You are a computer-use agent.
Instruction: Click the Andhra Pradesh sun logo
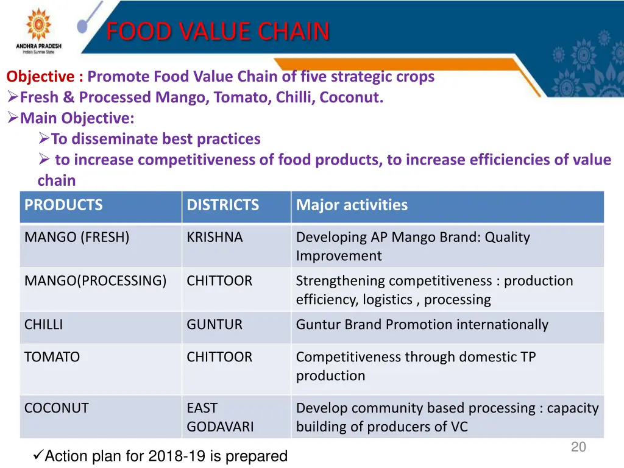click(38, 24)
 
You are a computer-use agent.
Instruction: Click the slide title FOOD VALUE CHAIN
click(218, 31)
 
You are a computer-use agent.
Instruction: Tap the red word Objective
click(40, 77)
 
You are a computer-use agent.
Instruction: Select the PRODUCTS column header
click(63, 205)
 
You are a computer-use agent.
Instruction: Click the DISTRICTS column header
click(222, 205)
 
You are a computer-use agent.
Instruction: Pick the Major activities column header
click(352, 205)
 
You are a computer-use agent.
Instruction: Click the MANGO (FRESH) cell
click(77, 238)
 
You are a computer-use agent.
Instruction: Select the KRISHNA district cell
click(214, 238)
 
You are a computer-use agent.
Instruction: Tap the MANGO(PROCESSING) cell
click(95, 282)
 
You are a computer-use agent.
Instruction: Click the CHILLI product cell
click(43, 325)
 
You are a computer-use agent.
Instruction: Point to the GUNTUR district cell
click(214, 325)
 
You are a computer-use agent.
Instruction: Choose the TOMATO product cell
click(52, 358)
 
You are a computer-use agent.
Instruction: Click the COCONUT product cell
click(56, 408)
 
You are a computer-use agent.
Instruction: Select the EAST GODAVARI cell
click(220, 417)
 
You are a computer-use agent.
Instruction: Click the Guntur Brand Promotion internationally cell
click(422, 325)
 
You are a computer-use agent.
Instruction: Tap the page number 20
click(578, 447)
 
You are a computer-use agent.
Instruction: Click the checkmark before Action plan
click(37, 455)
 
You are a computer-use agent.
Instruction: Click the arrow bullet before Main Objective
click(13, 118)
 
